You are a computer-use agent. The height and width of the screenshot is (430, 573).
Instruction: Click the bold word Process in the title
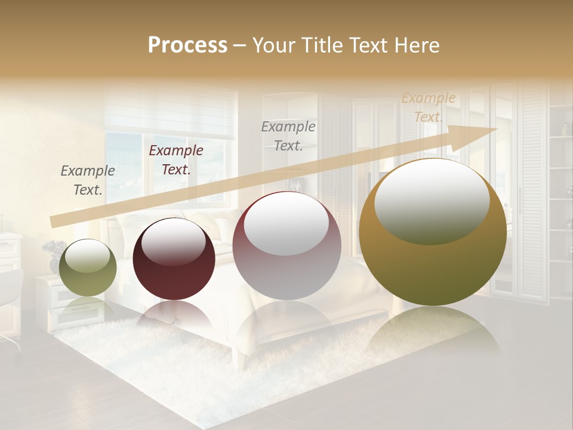coord(187,45)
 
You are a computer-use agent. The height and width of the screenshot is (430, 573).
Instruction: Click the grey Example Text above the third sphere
coord(288,136)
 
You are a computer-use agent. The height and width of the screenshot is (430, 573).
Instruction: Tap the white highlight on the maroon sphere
coord(173,241)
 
